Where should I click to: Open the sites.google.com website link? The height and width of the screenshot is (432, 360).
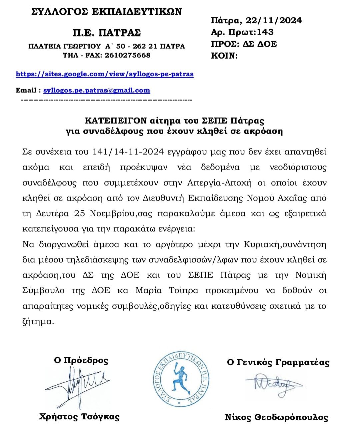coord(105,74)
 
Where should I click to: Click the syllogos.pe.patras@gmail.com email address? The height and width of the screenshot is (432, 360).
coord(97,90)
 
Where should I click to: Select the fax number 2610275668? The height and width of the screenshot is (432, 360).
coord(127,55)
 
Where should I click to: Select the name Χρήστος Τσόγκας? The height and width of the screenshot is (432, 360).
coord(79,416)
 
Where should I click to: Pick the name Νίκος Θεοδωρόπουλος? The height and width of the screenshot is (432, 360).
coord(276,417)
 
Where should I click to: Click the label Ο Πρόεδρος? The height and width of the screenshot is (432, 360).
coord(81,360)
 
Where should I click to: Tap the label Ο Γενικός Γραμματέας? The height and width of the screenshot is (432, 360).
coord(278,362)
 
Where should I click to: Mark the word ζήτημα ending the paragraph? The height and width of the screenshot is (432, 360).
coord(38,322)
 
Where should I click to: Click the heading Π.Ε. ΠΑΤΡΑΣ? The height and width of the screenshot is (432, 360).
coord(107,32)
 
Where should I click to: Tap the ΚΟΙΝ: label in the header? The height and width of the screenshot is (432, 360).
coord(224,56)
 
